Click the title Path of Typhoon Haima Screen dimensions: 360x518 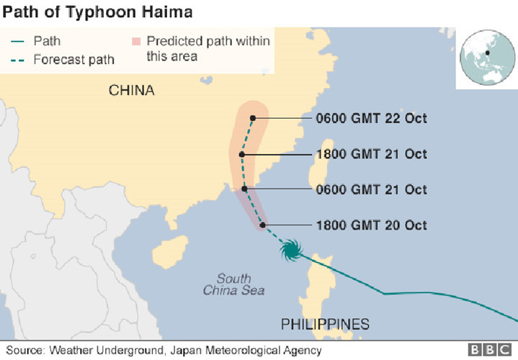point(99,12)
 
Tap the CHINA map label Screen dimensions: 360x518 point(132,90)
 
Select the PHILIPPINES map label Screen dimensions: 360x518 point(325,323)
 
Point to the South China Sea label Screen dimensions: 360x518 point(233,284)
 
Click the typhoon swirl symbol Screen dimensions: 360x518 point(290,250)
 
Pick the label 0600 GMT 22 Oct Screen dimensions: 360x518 point(371,118)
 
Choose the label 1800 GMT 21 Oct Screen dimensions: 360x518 point(371,154)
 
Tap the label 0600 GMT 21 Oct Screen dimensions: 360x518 point(371,189)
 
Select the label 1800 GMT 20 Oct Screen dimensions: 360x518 point(371,225)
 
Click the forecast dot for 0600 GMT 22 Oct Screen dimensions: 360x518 point(252,118)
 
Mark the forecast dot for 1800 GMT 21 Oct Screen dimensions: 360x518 point(243,154)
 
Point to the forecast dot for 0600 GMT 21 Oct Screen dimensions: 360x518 point(245,189)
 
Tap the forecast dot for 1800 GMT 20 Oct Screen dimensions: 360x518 point(263,225)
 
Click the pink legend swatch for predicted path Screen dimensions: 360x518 point(137,41)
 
